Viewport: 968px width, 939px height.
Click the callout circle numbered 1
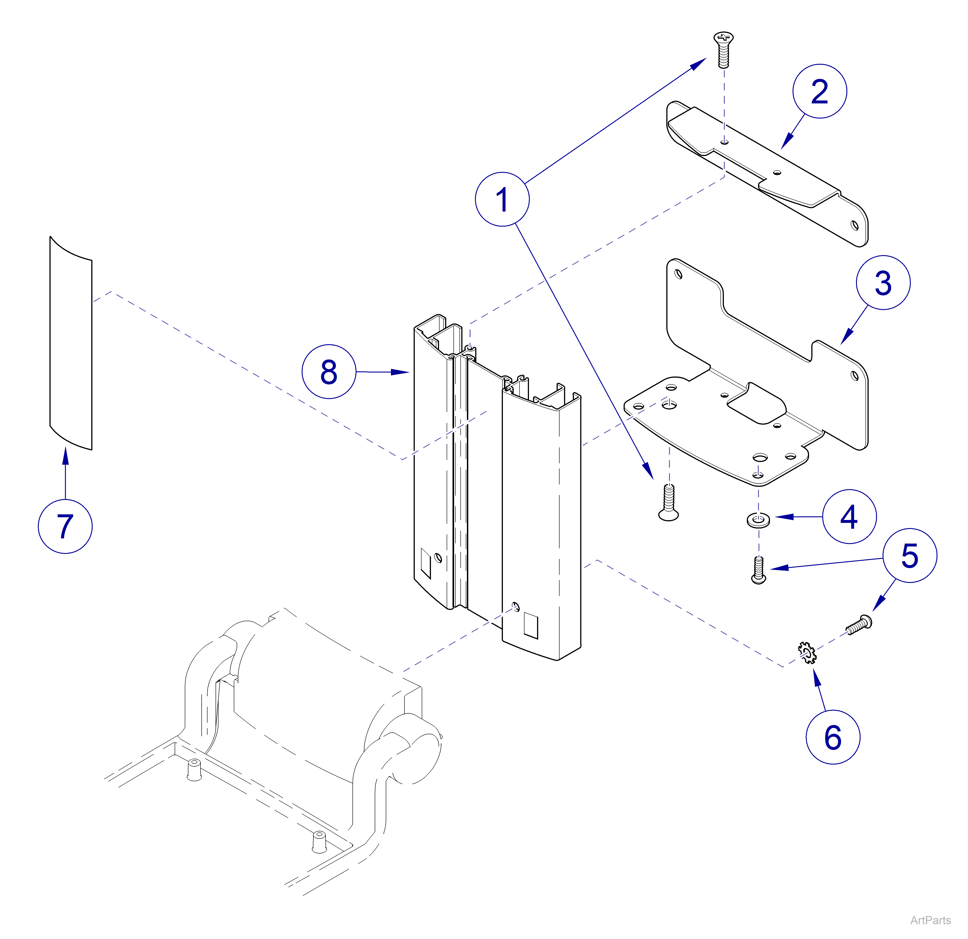tap(502, 200)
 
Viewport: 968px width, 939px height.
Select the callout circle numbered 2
tap(819, 91)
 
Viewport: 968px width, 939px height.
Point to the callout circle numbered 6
tap(833, 738)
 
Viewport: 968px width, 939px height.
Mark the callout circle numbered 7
tap(65, 526)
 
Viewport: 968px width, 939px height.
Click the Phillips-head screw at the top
tap(724, 49)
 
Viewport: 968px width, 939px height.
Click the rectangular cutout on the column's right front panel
tap(531, 625)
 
